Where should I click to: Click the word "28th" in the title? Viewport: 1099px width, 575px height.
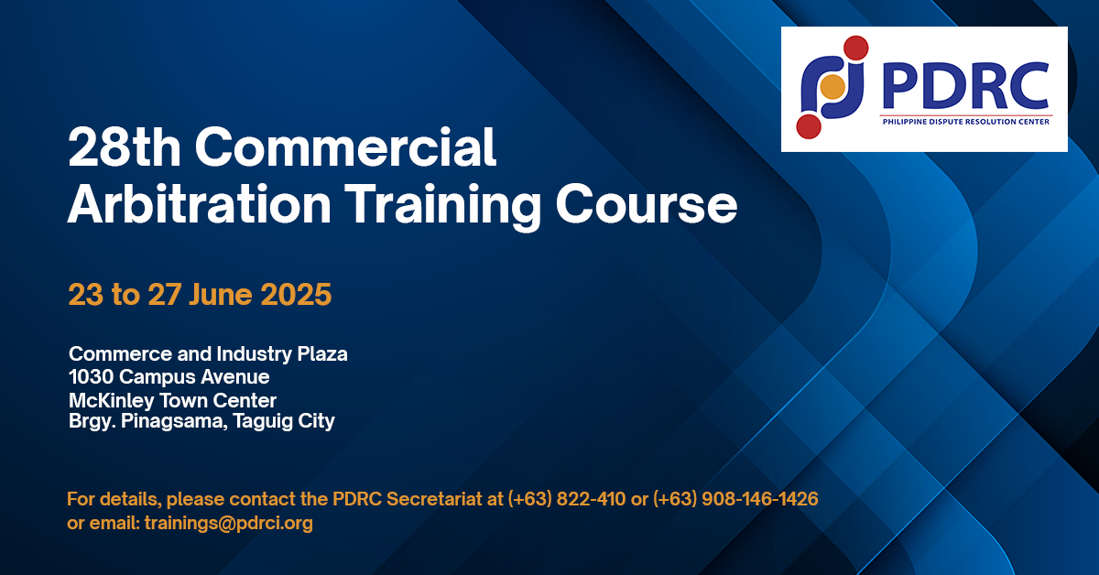(125, 147)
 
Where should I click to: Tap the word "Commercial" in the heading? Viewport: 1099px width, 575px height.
(345, 147)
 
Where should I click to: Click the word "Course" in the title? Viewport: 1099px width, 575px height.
(647, 204)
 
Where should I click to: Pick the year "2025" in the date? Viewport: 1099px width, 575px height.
(296, 295)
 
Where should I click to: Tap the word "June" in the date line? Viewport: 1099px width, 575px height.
(221, 295)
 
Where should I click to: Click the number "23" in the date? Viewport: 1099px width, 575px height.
(86, 295)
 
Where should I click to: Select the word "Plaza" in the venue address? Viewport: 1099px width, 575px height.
(322, 353)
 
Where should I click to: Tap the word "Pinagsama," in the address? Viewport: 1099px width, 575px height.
(174, 421)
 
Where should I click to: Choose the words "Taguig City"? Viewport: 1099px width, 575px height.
(284, 421)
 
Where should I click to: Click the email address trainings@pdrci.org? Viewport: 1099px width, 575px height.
(229, 523)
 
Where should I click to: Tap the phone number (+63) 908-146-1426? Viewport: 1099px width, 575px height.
(735, 499)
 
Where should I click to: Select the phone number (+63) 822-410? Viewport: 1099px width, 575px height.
(567, 499)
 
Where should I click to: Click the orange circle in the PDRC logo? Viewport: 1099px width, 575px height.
(832, 87)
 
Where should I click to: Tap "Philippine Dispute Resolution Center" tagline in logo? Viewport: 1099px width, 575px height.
(965, 122)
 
